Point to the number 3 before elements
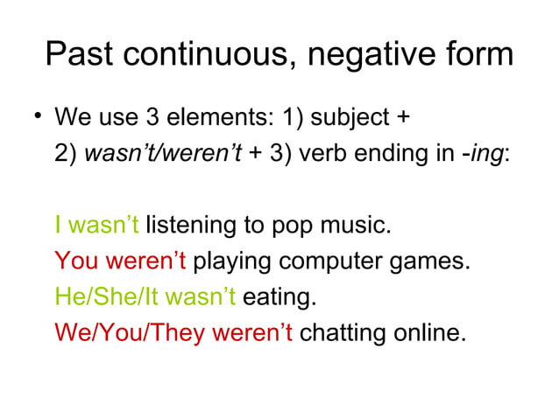pos(148,117)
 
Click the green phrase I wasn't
pos(96,226)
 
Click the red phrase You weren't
pos(120,261)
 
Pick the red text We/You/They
pos(128,334)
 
